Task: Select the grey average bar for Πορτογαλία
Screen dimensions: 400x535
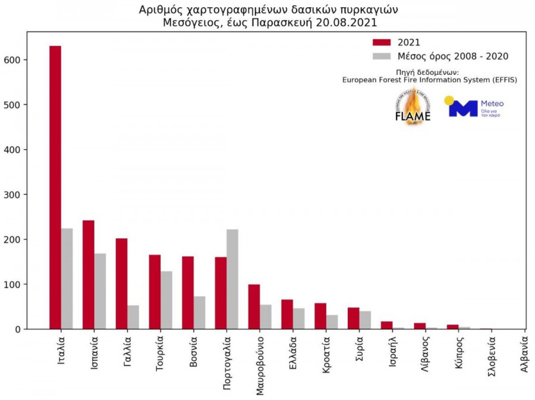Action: [x=232, y=279]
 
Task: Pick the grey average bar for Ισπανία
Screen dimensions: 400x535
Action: [x=100, y=291]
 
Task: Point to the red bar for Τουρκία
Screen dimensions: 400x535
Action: [x=155, y=292]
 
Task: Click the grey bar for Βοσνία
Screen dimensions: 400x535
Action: [x=199, y=313]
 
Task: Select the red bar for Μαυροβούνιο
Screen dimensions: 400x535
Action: [x=254, y=307]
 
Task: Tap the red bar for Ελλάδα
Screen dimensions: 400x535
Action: [x=287, y=314]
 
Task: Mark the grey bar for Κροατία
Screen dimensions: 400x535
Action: [x=332, y=322]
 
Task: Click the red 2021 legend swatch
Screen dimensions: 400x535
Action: [x=381, y=42]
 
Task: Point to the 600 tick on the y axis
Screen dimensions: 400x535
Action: [x=29, y=60]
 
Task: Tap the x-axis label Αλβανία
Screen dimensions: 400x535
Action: [x=524, y=355]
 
